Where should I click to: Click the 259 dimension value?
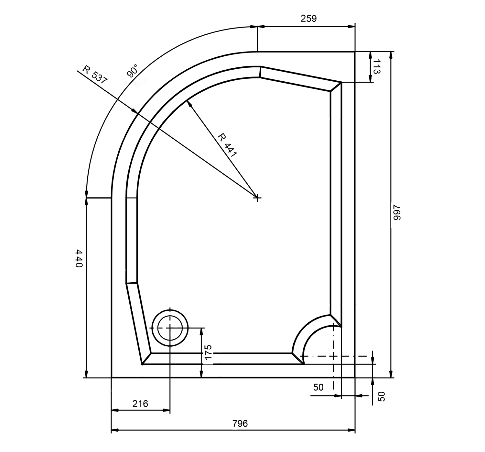pos(308,19)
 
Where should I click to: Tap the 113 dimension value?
pos(377,67)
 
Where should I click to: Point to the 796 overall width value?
pos(240,423)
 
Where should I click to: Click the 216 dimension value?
pos(140,404)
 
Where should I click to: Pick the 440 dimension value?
pos(79,258)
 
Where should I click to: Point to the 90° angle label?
pos(132,71)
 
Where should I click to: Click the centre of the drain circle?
pos(170,328)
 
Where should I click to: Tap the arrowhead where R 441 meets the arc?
pos(189,104)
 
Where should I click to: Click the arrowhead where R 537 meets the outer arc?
pos(135,111)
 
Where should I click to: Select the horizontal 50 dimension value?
pos(318,388)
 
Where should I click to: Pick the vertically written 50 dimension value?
pos(382,397)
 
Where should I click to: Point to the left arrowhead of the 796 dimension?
pos(114,431)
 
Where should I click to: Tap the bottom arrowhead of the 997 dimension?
pos(391,374)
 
